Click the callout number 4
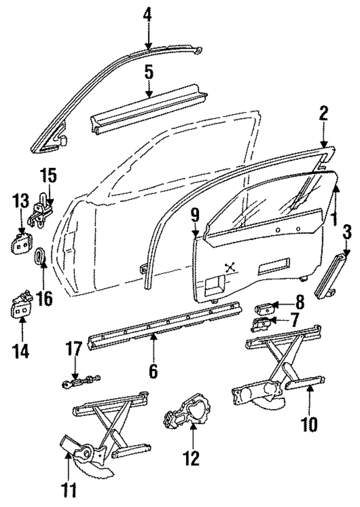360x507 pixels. pyautogui.click(x=147, y=13)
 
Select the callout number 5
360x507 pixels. pyautogui.click(x=148, y=73)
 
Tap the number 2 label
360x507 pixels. pyautogui.click(x=323, y=114)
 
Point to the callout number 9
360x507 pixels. pyautogui.click(x=195, y=214)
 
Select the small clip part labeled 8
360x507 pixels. pyautogui.click(x=265, y=307)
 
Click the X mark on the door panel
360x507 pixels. pyautogui.click(x=229, y=268)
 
